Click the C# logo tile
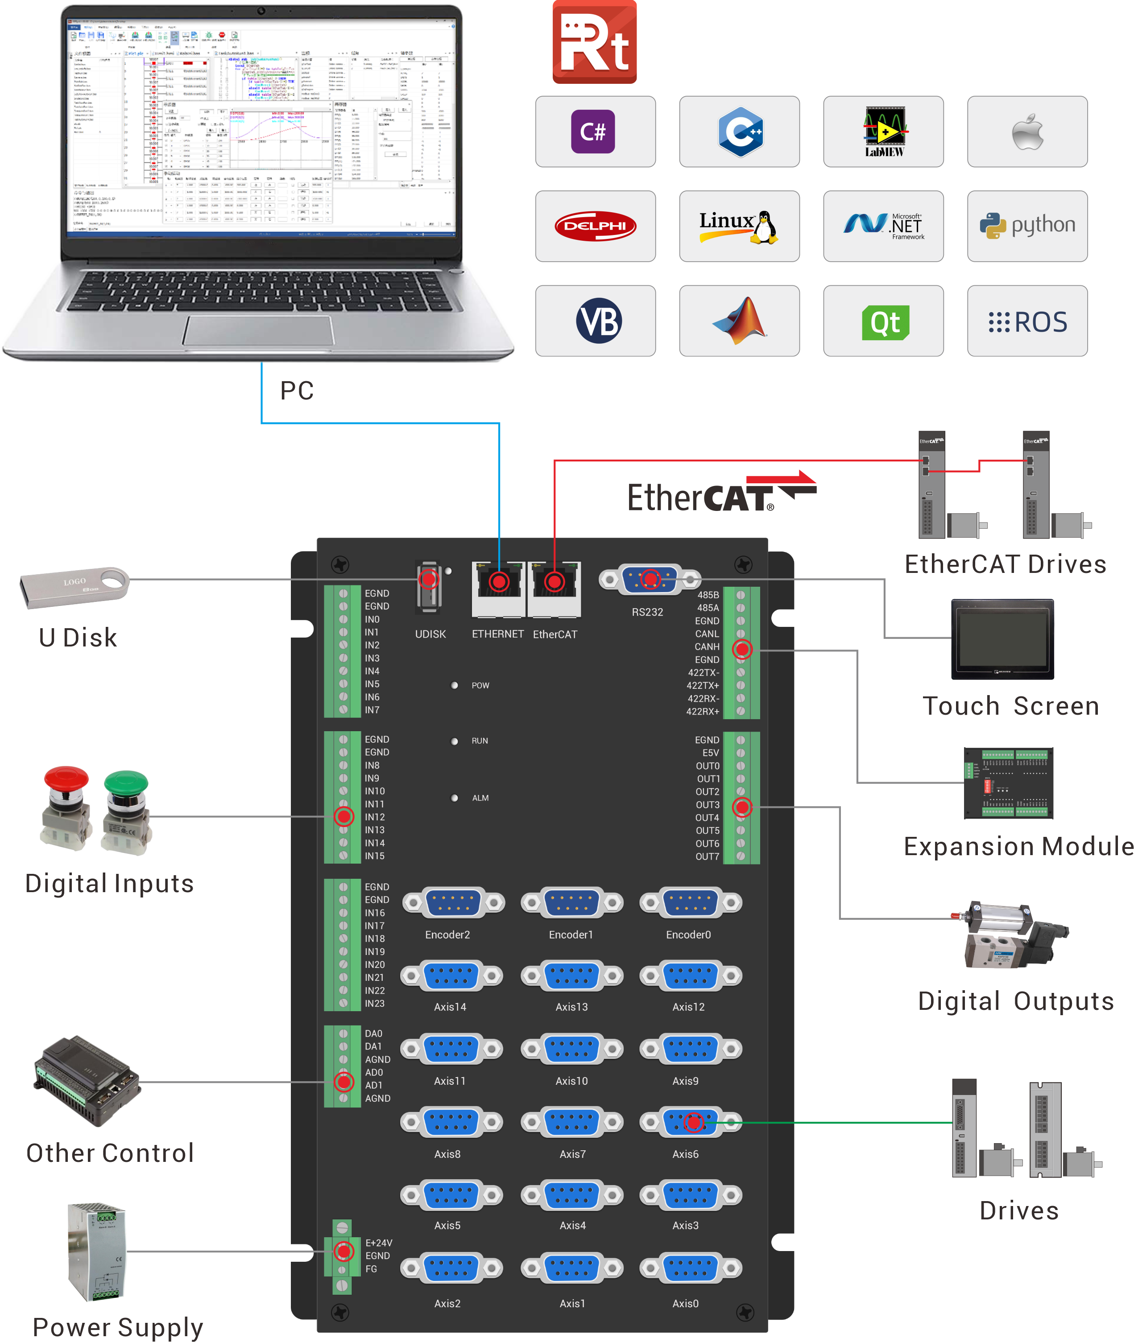tap(595, 132)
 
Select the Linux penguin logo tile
tap(739, 226)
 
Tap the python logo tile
tap(1026, 226)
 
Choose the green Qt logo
tap(885, 321)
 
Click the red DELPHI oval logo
tap(595, 226)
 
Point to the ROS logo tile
tap(1026, 321)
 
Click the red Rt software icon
tap(595, 42)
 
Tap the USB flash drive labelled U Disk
tap(74, 586)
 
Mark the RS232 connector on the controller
tap(650, 580)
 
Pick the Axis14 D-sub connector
tap(452, 976)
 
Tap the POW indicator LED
tap(455, 685)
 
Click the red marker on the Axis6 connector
tap(693, 1122)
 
